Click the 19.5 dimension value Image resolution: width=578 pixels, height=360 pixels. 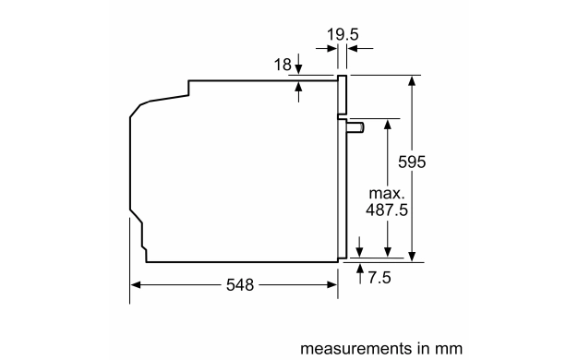coord(343,35)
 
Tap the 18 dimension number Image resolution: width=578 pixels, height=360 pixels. coord(283,65)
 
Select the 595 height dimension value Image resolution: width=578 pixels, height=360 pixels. coord(412,162)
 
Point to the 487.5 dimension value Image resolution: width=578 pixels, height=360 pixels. coord(387,210)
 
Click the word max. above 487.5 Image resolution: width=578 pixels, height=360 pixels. coord(387,193)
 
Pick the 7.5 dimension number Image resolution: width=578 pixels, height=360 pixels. coord(379,278)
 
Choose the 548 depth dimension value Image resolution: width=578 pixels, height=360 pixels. coord(240,285)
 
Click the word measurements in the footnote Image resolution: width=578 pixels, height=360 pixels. coord(355,348)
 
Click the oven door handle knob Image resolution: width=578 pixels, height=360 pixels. coord(355,127)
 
